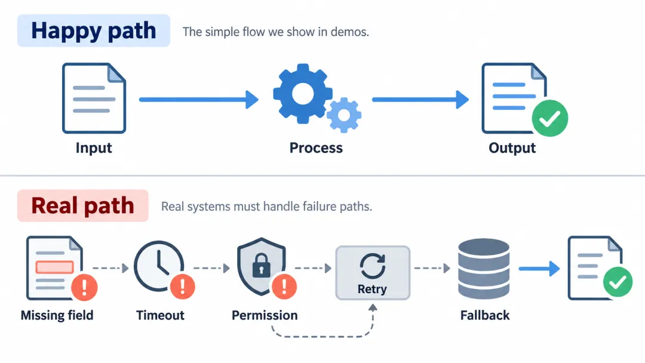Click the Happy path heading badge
(x=93, y=31)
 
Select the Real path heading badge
(x=82, y=205)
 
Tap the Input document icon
(x=94, y=99)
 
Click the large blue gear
(x=303, y=94)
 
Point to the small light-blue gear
(x=344, y=115)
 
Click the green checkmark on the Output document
(x=549, y=118)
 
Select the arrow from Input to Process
(x=199, y=100)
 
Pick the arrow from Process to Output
(x=420, y=100)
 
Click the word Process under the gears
(x=316, y=147)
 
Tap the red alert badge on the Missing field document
(x=84, y=287)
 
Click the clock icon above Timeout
(x=159, y=266)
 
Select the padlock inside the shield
(x=261, y=265)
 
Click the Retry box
(x=373, y=273)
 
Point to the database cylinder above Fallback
(x=484, y=269)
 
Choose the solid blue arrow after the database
(x=539, y=269)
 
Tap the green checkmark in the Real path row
(x=618, y=282)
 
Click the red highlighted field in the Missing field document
(x=55, y=267)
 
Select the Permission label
(x=265, y=315)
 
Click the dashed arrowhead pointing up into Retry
(x=373, y=307)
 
